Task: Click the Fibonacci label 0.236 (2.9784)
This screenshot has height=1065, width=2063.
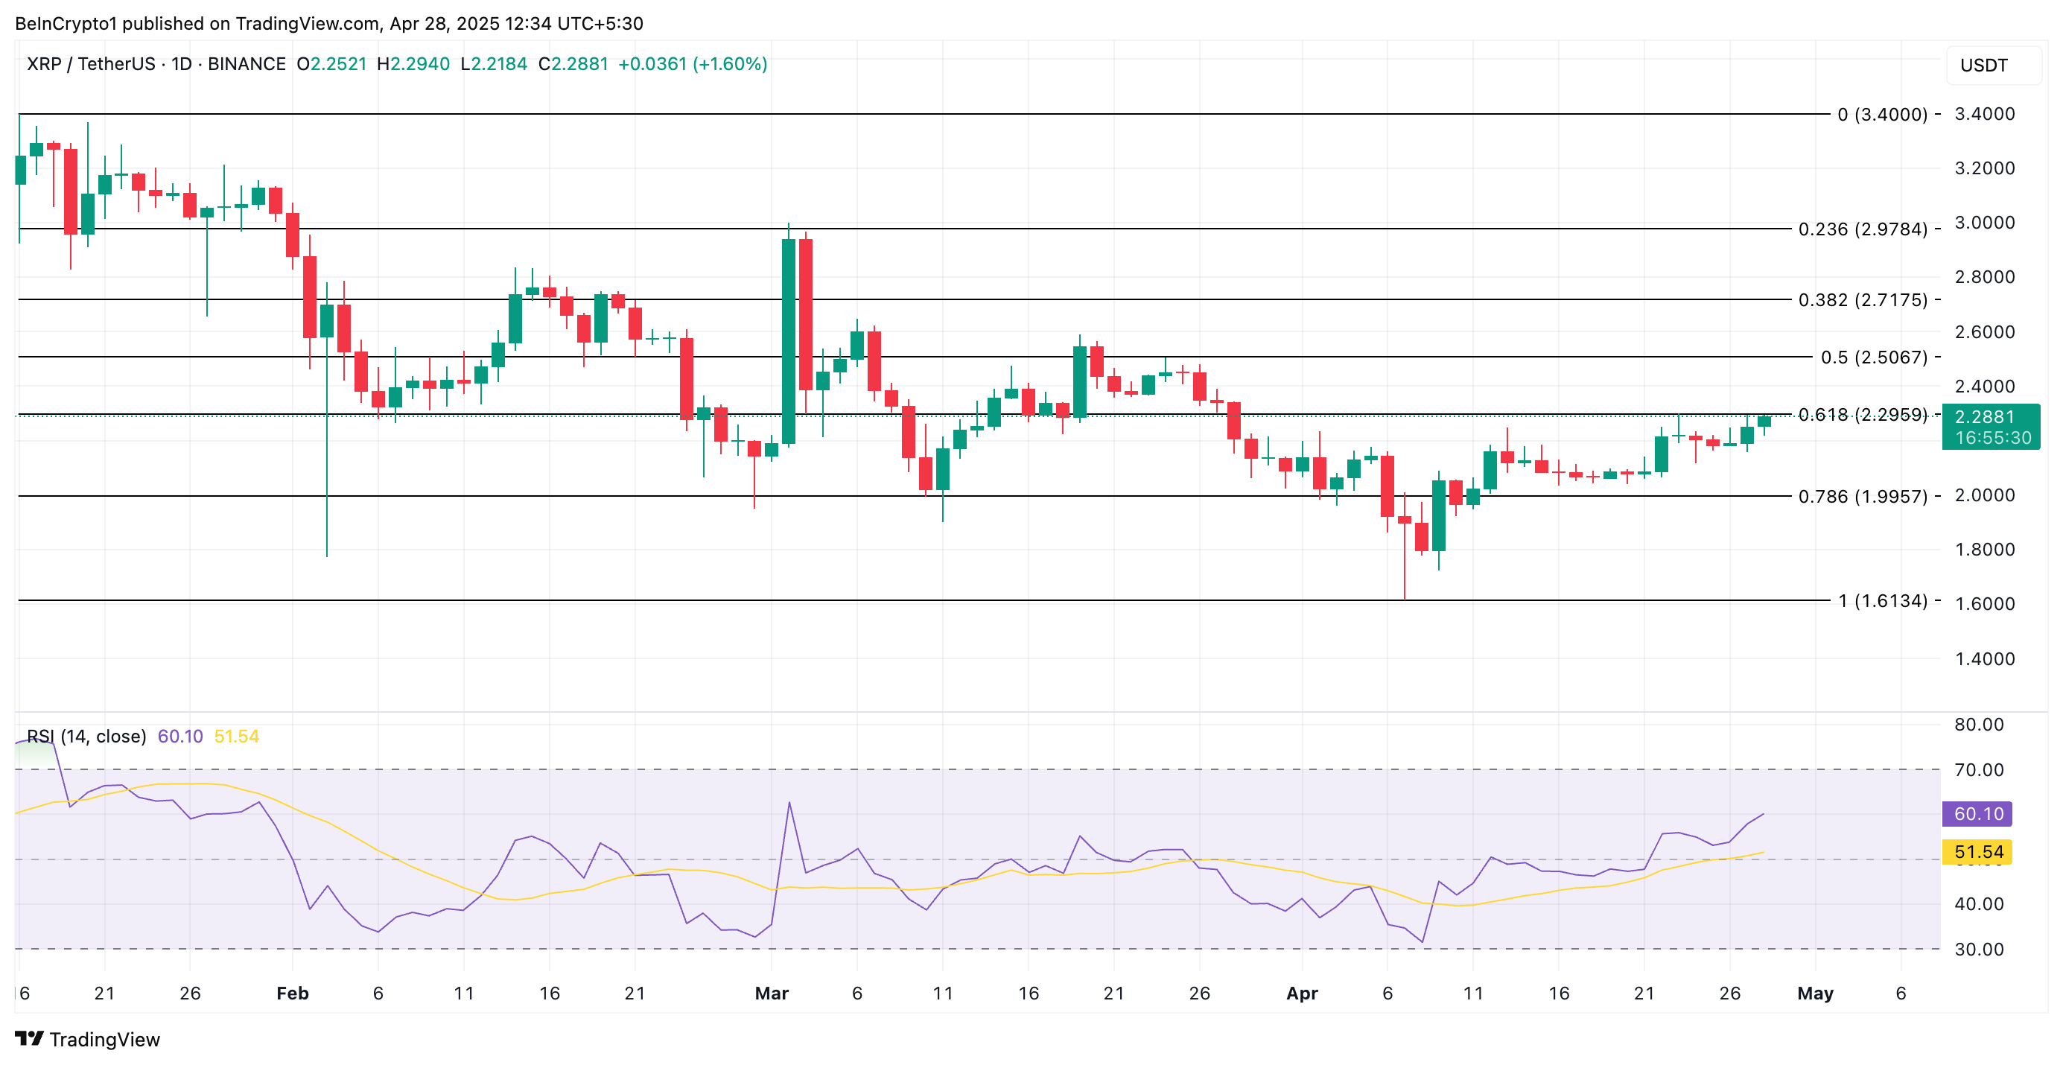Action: [1862, 229]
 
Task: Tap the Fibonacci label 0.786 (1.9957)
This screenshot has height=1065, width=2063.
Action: [1862, 497]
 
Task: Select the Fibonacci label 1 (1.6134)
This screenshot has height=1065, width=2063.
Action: [1882, 600]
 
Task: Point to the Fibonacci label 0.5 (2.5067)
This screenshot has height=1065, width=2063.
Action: [1873, 357]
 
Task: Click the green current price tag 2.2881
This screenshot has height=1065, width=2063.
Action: [1990, 417]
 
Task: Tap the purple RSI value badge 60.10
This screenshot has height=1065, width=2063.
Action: [1977, 814]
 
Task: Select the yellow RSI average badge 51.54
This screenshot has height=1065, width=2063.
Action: [1977, 852]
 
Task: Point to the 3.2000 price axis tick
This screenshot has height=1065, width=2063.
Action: [1984, 168]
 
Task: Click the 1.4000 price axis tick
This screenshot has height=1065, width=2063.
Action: [1984, 659]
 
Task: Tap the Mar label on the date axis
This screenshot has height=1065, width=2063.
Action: [772, 994]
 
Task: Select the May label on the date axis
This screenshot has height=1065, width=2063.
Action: [1815, 994]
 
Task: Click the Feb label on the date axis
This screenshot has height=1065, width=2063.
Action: [292, 994]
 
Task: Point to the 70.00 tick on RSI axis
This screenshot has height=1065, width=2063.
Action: [1978, 770]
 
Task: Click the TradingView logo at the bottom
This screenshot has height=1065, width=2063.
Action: [87, 1040]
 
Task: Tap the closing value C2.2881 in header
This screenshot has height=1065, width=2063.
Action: [573, 64]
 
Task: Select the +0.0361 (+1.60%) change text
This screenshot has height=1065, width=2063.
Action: [693, 64]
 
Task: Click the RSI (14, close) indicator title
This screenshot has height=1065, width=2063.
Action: [86, 737]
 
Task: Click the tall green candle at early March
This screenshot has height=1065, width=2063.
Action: [789, 340]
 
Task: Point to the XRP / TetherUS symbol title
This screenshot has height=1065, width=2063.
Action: [92, 64]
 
